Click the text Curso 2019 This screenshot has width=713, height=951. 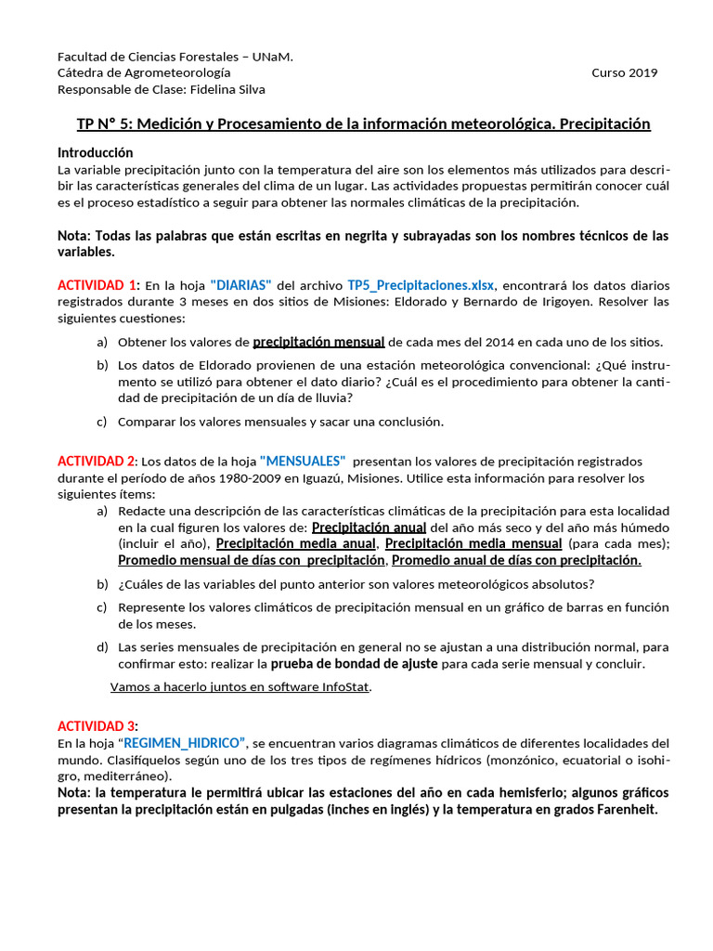pos(624,73)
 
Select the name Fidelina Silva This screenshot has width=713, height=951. pos(227,90)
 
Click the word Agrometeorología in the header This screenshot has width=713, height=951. pos(177,73)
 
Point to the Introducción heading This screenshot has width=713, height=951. pos(95,152)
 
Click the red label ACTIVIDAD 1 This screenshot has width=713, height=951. pos(97,285)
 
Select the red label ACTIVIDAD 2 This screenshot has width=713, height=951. pos(97,462)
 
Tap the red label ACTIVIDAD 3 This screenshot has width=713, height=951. pos(97,726)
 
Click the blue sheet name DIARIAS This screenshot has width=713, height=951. pos(240,285)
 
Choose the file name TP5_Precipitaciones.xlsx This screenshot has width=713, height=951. pos(421,285)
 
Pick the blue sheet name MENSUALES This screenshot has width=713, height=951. pos(303,462)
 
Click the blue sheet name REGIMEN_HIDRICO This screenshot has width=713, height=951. pos(181,744)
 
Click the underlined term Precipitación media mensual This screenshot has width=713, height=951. pos(473,543)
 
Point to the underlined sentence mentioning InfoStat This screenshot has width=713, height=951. pos(240,687)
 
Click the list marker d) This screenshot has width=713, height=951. pos(102,646)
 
